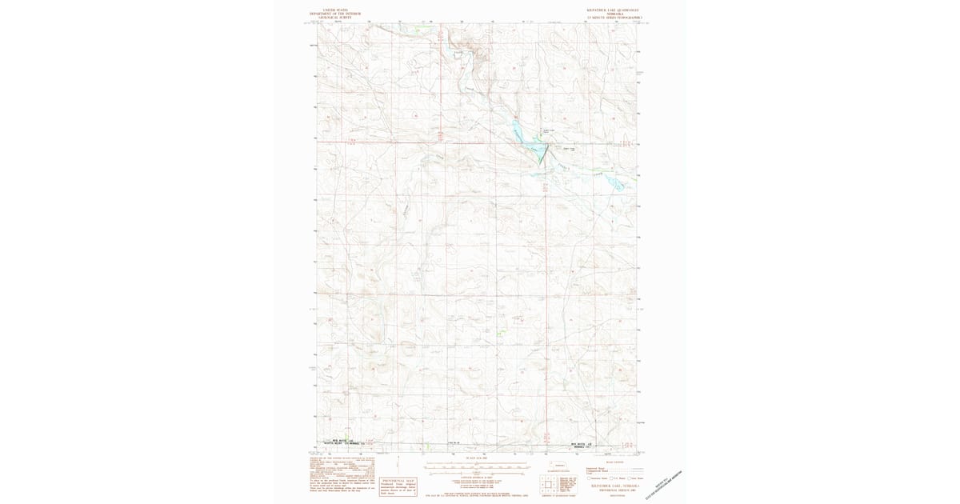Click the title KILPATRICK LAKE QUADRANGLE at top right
[x=614, y=10]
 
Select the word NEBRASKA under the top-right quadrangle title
[x=614, y=14]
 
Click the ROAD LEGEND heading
[x=614, y=462]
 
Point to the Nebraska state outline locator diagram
[x=559, y=466]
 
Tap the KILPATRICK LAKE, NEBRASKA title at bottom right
[x=614, y=485]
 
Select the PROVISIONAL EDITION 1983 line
[x=614, y=490]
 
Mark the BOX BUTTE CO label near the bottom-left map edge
[x=338, y=441]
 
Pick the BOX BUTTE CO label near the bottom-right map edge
[x=582, y=442]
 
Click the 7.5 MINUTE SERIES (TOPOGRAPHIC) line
[x=614, y=18]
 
